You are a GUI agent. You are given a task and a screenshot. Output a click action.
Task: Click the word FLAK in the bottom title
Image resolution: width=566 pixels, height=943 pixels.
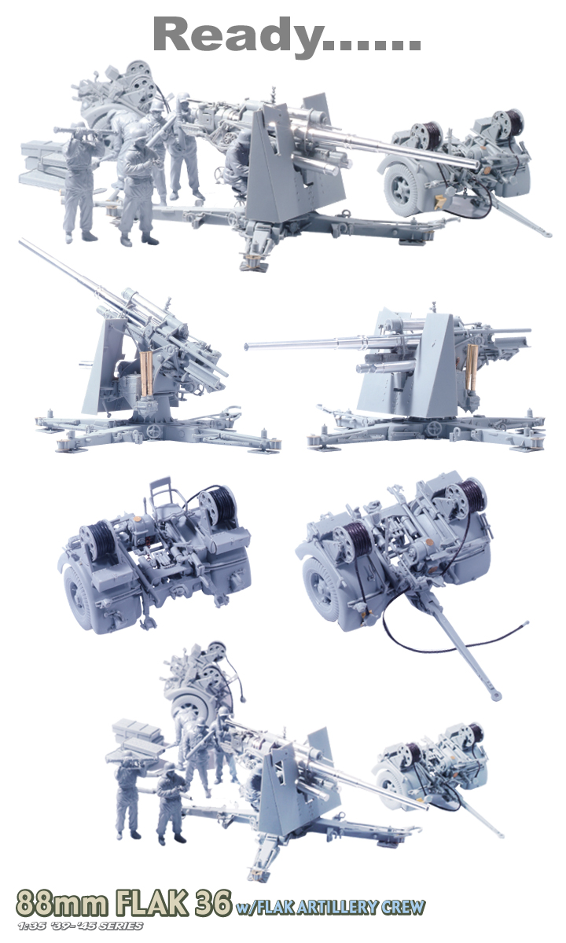click(x=153, y=902)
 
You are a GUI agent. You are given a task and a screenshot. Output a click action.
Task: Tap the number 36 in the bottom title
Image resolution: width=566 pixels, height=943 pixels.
click(x=213, y=902)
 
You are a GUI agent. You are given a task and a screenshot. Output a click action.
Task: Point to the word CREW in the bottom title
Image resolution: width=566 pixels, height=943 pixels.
click(x=402, y=907)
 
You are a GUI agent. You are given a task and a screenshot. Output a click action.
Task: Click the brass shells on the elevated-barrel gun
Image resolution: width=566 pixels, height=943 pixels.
click(x=146, y=374)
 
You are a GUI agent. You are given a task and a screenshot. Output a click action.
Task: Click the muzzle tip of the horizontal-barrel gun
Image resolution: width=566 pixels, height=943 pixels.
click(x=247, y=346)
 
